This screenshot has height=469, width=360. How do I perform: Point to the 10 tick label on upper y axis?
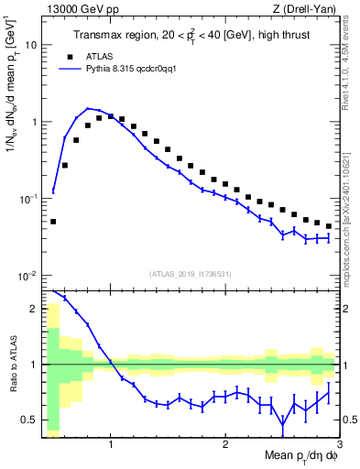coord(28,44)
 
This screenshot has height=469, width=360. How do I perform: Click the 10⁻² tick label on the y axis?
coord(27,276)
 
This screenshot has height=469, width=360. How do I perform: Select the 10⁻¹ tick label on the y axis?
coord(27,199)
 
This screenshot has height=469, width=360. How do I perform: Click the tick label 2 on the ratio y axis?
coord(33,309)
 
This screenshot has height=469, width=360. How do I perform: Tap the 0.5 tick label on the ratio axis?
coord(29,420)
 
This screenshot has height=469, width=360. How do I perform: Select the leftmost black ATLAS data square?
coord(53,222)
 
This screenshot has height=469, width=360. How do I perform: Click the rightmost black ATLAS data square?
coord(329,226)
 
